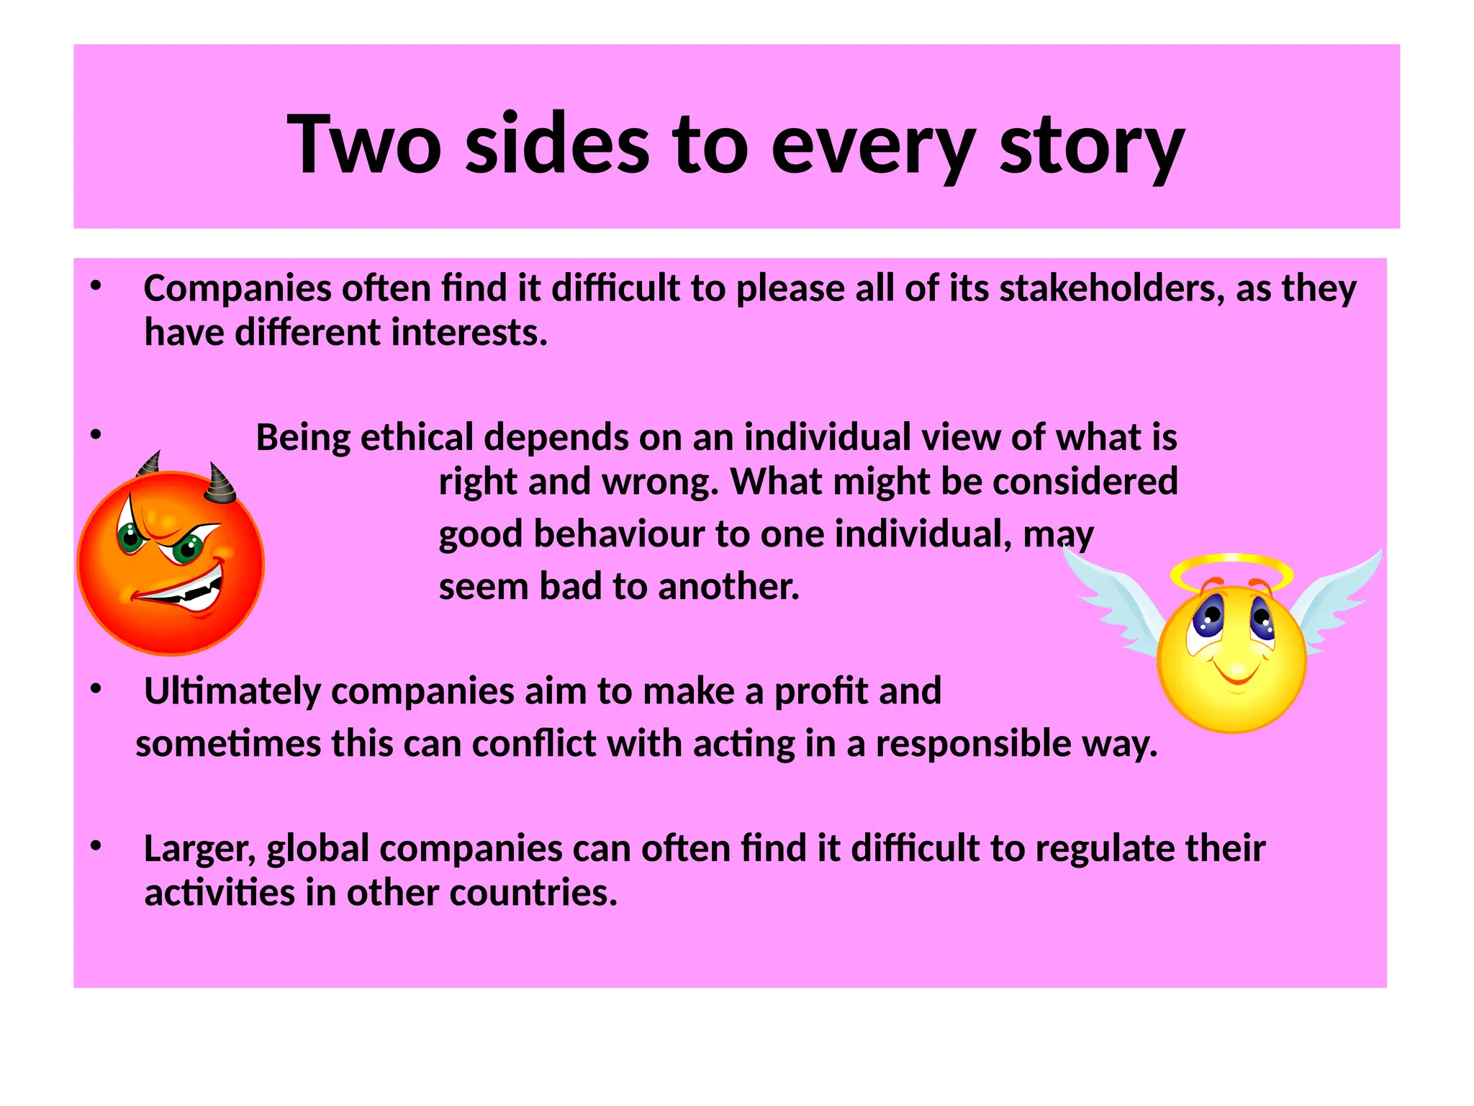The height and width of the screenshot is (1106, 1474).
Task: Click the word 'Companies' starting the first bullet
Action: pyautogui.click(x=238, y=289)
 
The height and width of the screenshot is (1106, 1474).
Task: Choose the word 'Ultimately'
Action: pyautogui.click(x=232, y=691)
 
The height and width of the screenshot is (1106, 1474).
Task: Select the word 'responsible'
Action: pyautogui.click(x=973, y=744)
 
